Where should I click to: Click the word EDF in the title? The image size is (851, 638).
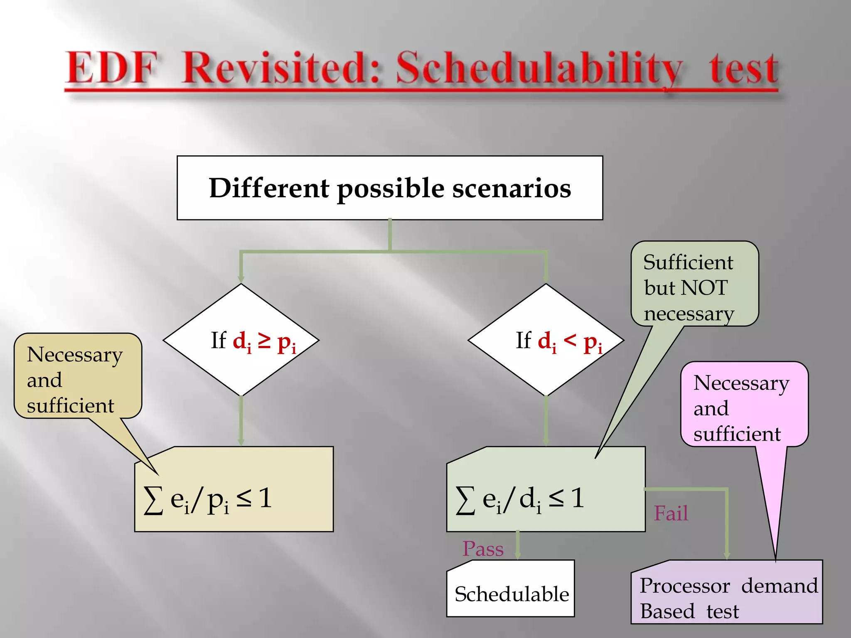coord(111,69)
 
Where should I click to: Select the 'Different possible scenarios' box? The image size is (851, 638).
coord(390,188)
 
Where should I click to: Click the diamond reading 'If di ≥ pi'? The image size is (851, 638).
coord(241,340)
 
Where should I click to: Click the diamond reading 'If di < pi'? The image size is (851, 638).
coord(546,340)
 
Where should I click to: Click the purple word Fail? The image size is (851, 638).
coord(671,513)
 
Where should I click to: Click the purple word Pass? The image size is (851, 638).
coord(483,549)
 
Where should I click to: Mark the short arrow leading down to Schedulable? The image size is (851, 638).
coord(517,545)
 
